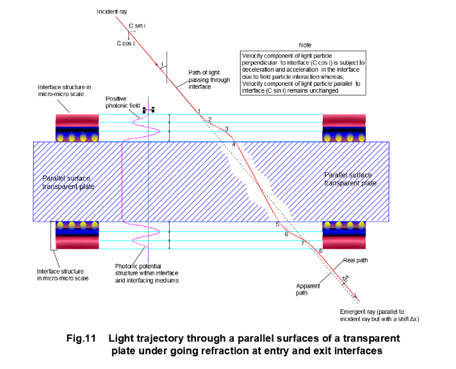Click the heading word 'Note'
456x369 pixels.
[x=306, y=45]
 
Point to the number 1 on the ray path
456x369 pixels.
[x=199, y=111]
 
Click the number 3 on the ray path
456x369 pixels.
[x=226, y=129]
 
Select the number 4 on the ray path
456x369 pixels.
[x=234, y=145]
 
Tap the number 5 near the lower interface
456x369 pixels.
[x=277, y=224]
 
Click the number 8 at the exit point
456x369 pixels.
[x=320, y=250]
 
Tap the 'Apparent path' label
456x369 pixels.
[x=307, y=289]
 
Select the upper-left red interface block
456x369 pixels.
[x=76, y=120]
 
